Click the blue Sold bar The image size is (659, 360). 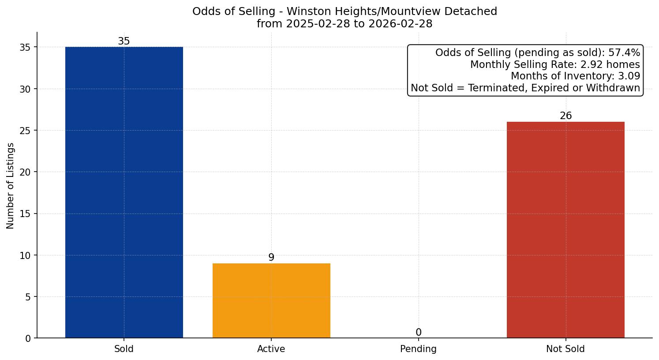click(124, 192)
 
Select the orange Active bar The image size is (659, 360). click(271, 300)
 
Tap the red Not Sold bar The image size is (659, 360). click(565, 230)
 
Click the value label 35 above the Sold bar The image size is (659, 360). click(124, 41)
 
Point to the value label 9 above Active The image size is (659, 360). click(271, 258)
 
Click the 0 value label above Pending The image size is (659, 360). click(418, 333)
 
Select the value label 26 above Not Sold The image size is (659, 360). click(565, 116)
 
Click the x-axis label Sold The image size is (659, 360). click(124, 349)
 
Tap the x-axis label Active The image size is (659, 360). click(271, 349)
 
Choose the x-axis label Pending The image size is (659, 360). click(418, 349)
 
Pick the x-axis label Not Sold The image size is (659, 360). click(565, 349)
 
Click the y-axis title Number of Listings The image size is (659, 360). click(11, 185)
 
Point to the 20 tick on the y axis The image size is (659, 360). click(26, 172)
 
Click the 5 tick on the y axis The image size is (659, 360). click(28, 297)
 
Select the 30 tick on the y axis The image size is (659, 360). click(26, 89)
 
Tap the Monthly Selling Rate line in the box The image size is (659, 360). click(555, 65)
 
